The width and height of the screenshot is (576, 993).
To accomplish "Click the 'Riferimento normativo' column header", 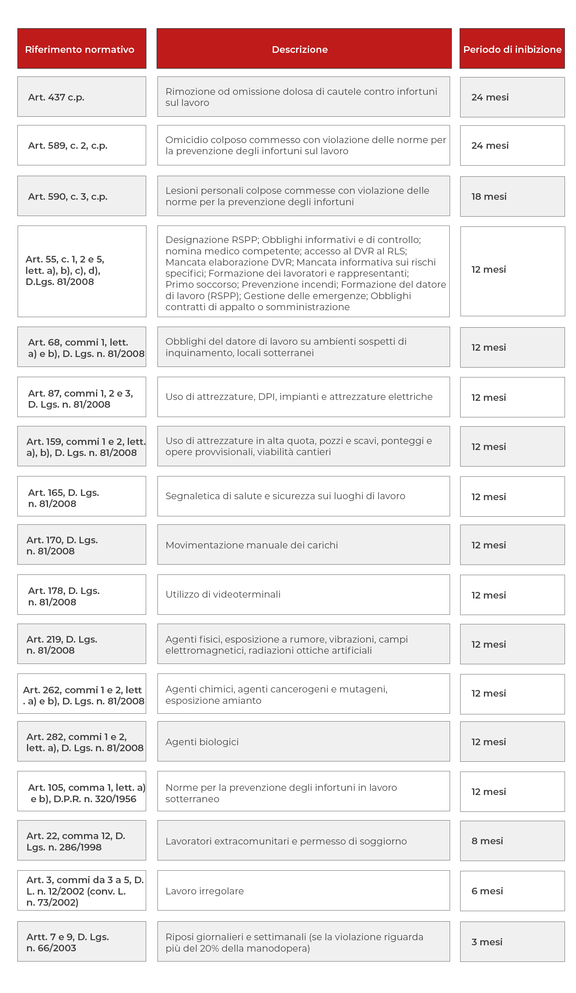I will [82, 49].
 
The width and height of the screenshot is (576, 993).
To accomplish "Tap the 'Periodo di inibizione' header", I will [512, 49].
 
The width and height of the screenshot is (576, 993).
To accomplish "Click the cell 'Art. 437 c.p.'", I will [82, 97].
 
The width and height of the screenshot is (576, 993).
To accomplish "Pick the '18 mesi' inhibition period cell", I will [512, 196].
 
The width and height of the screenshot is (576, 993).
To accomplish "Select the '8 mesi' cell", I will [512, 841].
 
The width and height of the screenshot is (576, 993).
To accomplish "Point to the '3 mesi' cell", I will [512, 942].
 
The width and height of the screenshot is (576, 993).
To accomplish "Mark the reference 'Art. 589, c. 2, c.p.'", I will [82, 145].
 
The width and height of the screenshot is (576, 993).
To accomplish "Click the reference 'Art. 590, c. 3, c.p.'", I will [82, 196].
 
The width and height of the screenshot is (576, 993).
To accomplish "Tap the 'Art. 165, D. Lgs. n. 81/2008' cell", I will [82, 498].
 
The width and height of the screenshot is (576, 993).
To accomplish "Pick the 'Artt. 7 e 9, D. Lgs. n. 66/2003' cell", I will [82, 942].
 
